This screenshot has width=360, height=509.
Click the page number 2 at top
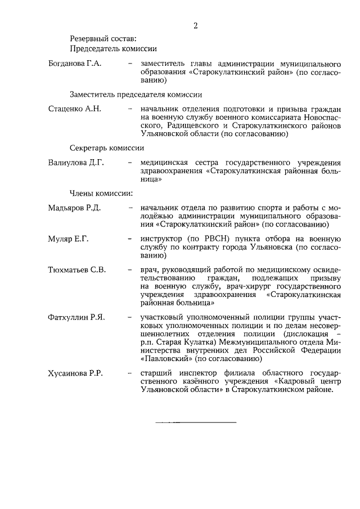click(x=195, y=25)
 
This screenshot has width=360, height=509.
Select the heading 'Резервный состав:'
click(x=103, y=39)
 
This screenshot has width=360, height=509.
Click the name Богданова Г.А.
click(x=75, y=64)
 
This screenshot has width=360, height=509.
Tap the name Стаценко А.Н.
click(x=75, y=109)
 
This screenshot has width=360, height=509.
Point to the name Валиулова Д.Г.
click(x=76, y=163)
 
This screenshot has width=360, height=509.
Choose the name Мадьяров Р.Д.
click(x=74, y=208)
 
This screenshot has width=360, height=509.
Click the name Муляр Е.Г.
click(x=69, y=239)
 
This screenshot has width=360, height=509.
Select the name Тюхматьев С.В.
click(x=77, y=270)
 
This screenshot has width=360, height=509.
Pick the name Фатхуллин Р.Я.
click(x=76, y=318)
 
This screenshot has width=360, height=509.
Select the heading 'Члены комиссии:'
click(x=101, y=193)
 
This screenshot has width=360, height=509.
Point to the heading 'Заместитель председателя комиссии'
click(x=136, y=93)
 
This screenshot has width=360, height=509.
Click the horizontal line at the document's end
click(x=195, y=422)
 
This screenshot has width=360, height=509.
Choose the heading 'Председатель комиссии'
click(x=113, y=49)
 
